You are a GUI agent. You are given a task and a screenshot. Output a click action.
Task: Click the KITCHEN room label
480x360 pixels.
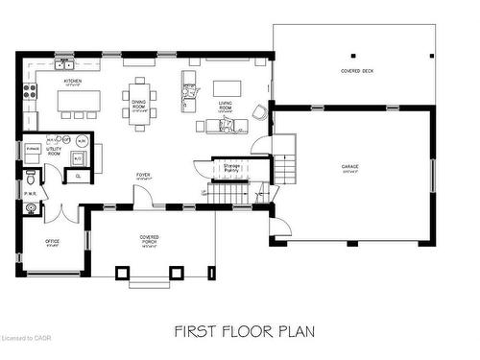tap(72, 83)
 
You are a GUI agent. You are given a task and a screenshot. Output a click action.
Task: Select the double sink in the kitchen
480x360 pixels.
tap(64, 64)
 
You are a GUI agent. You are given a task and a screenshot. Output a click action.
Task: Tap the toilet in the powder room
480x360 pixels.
tap(30, 180)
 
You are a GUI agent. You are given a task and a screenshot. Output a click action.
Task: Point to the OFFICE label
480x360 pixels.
tap(52, 242)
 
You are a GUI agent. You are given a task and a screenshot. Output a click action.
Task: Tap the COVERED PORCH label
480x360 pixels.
tap(149, 240)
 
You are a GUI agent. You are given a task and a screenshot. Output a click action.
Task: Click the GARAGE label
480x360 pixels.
tap(350, 167)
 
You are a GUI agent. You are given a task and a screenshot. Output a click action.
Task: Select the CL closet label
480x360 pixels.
tap(79, 177)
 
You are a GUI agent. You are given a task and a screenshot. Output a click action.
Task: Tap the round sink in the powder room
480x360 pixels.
tap(30, 206)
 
